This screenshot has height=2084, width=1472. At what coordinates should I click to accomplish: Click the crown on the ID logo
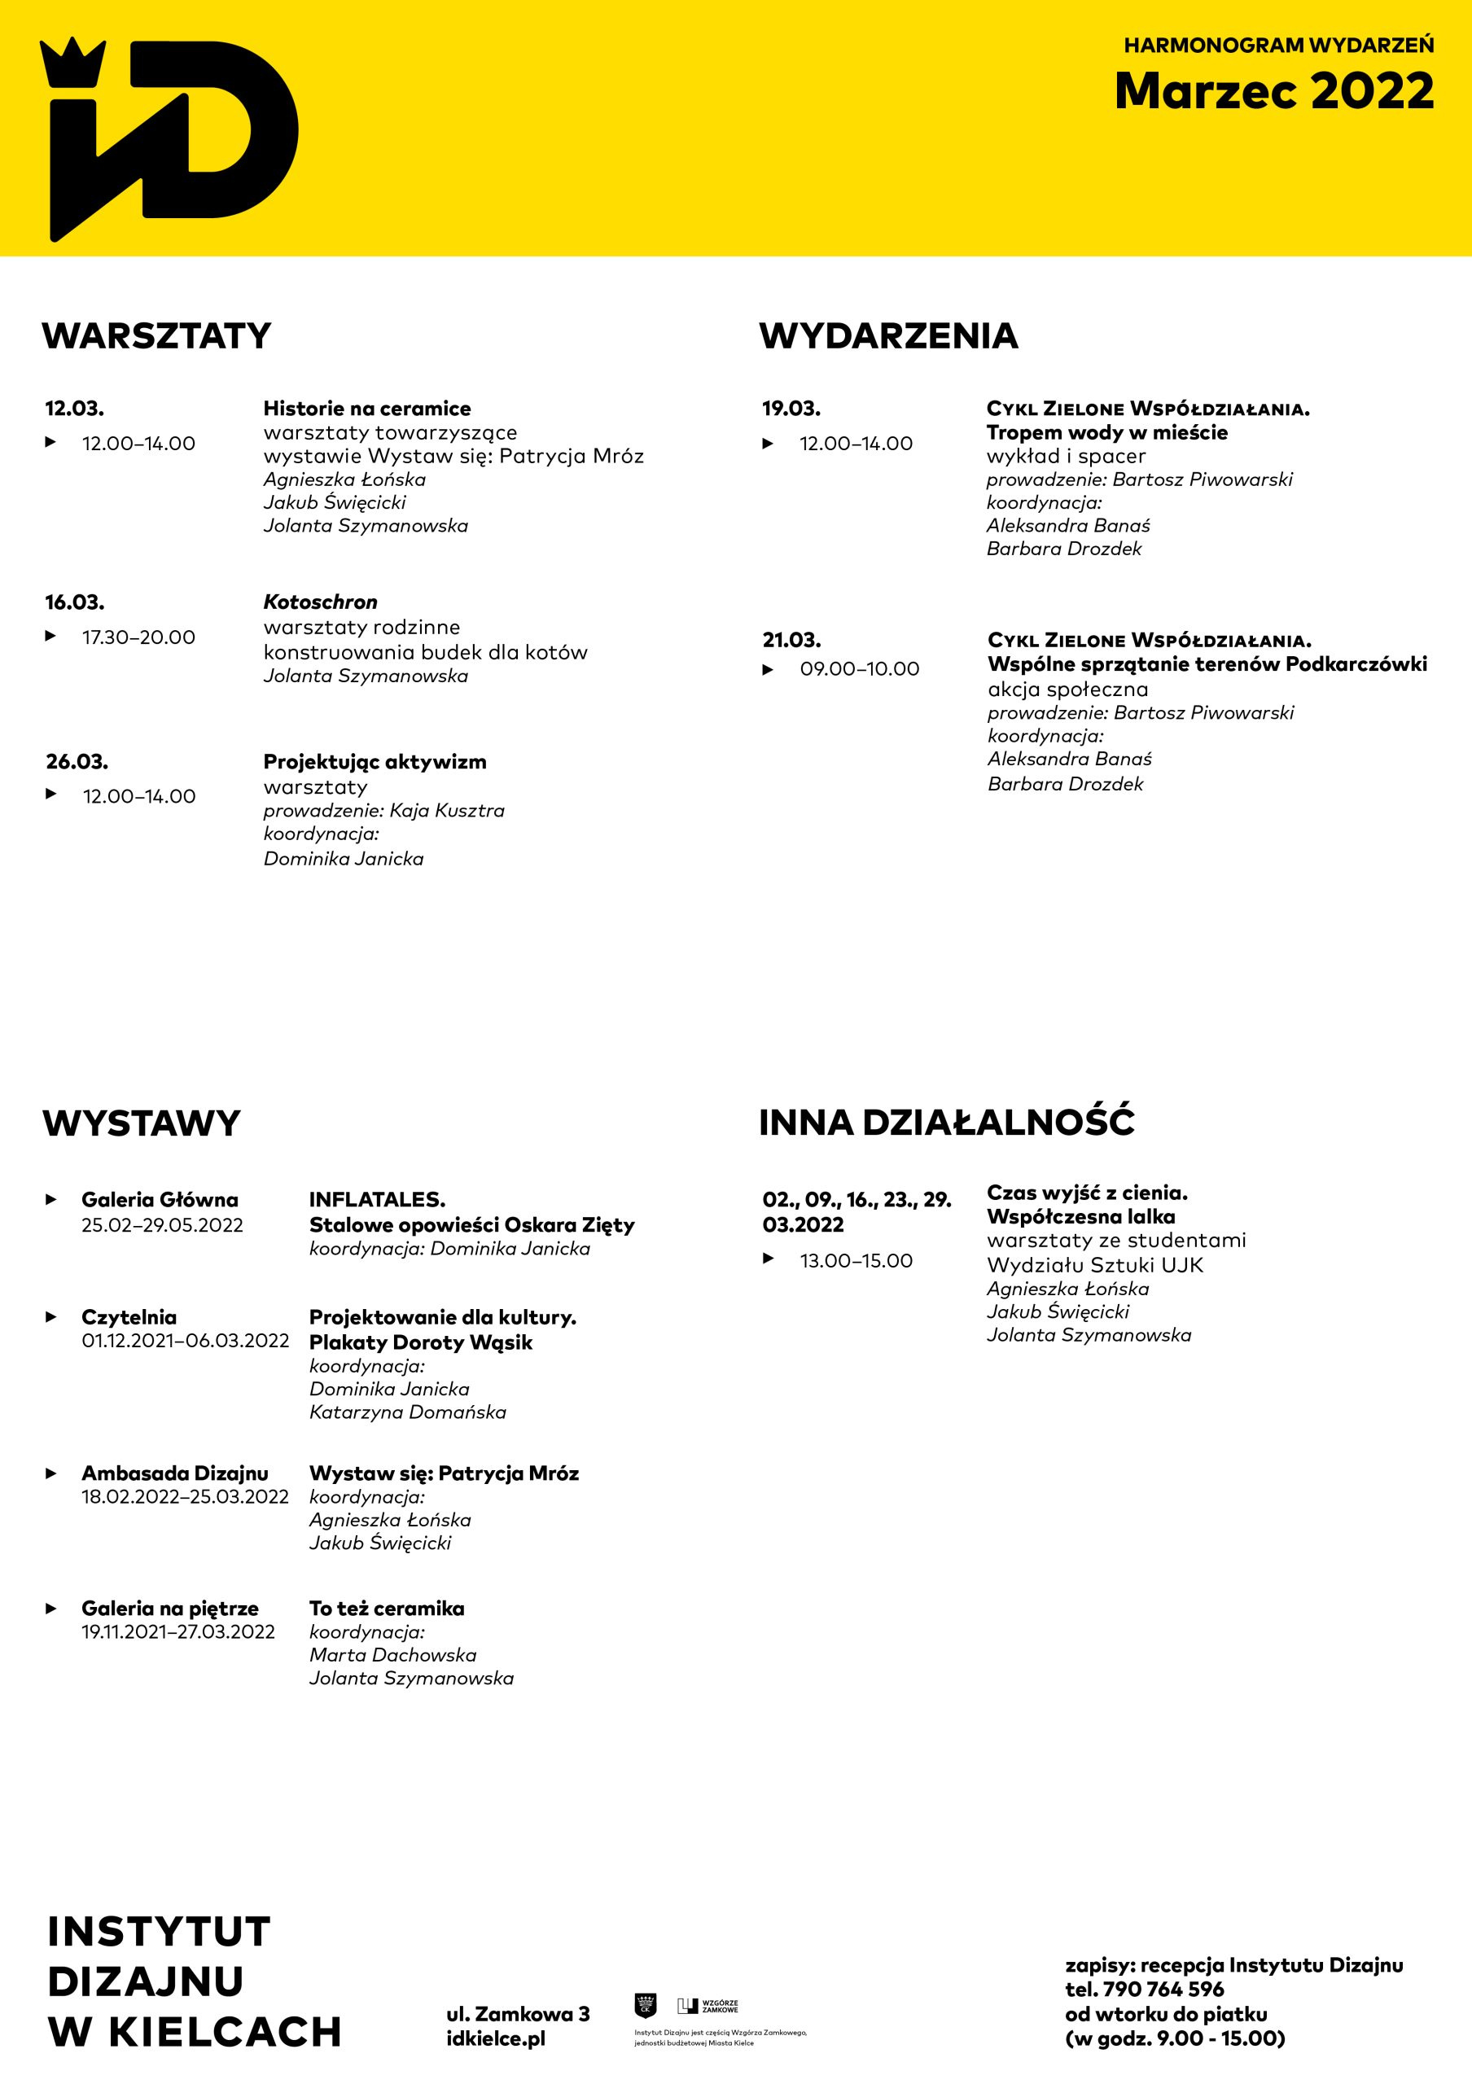pyautogui.click(x=72, y=63)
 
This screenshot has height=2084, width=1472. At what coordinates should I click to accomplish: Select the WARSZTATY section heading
pyautogui.click(x=157, y=336)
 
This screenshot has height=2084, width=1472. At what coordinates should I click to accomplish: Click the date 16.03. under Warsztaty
pyautogui.click(x=74, y=602)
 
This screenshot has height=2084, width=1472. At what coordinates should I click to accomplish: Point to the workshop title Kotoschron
pyautogui.click(x=320, y=602)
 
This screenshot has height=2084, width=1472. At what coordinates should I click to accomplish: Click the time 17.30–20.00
pyautogui.click(x=139, y=637)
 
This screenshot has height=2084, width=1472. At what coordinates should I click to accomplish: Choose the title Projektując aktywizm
pyautogui.click(x=375, y=761)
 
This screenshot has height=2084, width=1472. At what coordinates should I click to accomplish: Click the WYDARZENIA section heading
pyautogui.click(x=888, y=336)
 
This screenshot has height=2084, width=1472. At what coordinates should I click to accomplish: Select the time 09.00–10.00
pyautogui.click(x=860, y=669)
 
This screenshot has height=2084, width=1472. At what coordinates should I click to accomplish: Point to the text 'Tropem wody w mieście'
pyautogui.click(x=1107, y=432)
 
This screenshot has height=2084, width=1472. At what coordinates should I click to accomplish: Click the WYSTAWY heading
pyautogui.click(x=142, y=1123)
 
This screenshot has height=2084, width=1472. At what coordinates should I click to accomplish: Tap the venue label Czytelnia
pyautogui.click(x=129, y=1317)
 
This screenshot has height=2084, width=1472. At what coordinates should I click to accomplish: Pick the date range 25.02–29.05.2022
pyautogui.click(x=163, y=1225)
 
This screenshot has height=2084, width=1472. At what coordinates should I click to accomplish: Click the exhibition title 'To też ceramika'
pyautogui.click(x=387, y=1609)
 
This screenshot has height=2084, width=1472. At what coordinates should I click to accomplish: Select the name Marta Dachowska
pyautogui.click(x=393, y=1655)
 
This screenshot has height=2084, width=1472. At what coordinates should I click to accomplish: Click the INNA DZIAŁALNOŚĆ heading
pyautogui.click(x=947, y=1122)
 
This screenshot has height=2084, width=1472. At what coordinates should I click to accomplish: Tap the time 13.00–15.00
pyautogui.click(x=856, y=1261)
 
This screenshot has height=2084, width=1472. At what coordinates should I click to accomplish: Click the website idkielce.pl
pyautogui.click(x=496, y=2038)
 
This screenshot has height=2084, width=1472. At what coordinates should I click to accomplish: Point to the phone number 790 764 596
pyautogui.click(x=1163, y=1990)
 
